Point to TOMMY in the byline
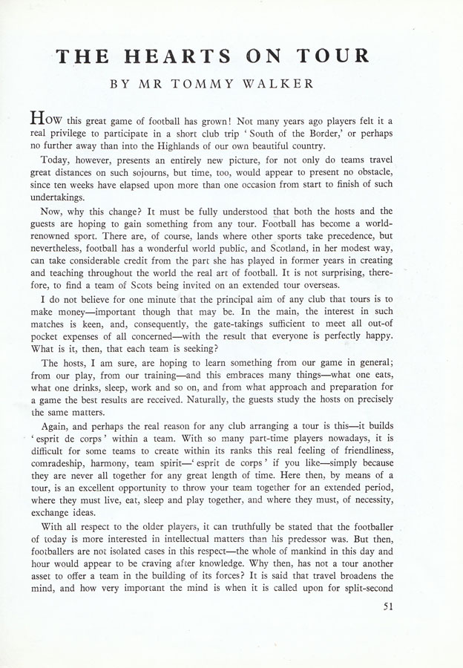pyautogui.click(x=200, y=85)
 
